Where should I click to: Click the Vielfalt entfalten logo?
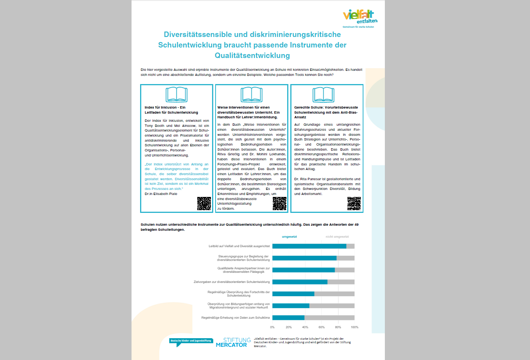(x=360, y=18)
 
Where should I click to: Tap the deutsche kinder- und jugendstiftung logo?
(x=191, y=341)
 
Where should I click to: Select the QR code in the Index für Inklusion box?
(x=204, y=204)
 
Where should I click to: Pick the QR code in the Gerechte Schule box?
(x=354, y=204)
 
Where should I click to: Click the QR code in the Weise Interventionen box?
(x=279, y=204)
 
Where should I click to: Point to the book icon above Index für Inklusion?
(x=177, y=95)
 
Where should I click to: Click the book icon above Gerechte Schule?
(x=323, y=95)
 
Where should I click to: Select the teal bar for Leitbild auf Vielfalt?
(x=309, y=246)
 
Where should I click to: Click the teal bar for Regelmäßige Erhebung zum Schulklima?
(x=288, y=318)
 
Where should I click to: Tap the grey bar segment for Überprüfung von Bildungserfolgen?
(x=332, y=306)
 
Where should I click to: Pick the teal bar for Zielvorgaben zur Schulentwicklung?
(x=300, y=282)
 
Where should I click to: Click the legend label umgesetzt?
(x=289, y=237)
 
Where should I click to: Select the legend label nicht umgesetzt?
(x=337, y=237)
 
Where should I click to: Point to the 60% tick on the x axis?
(x=321, y=327)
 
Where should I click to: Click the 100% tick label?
(x=355, y=327)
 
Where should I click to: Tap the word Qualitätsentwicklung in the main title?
(x=252, y=55)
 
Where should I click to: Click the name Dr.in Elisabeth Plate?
(x=161, y=194)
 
